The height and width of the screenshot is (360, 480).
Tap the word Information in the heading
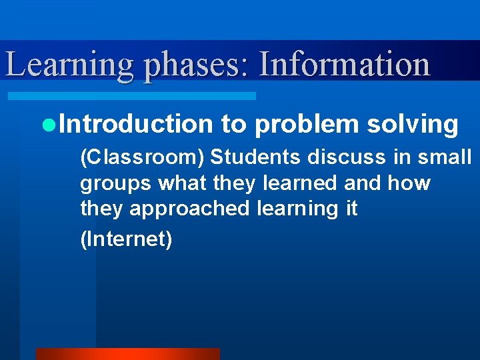(344, 65)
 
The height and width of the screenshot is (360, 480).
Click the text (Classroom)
(143, 157)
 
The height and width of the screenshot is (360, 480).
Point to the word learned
(299, 183)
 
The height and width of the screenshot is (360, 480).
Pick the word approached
(189, 209)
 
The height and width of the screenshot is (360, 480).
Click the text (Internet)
(126, 239)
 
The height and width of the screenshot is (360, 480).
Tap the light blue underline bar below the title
(131, 96)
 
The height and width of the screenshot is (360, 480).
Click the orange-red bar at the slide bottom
(127, 354)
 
